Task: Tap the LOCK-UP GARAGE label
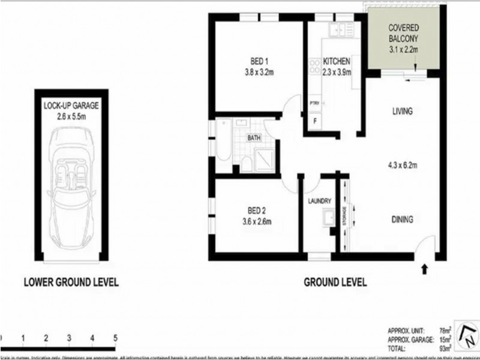(71, 104)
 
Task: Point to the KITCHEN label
(336, 61)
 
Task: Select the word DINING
(403, 220)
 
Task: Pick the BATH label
(254, 138)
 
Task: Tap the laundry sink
(328, 220)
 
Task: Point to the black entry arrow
(425, 269)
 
